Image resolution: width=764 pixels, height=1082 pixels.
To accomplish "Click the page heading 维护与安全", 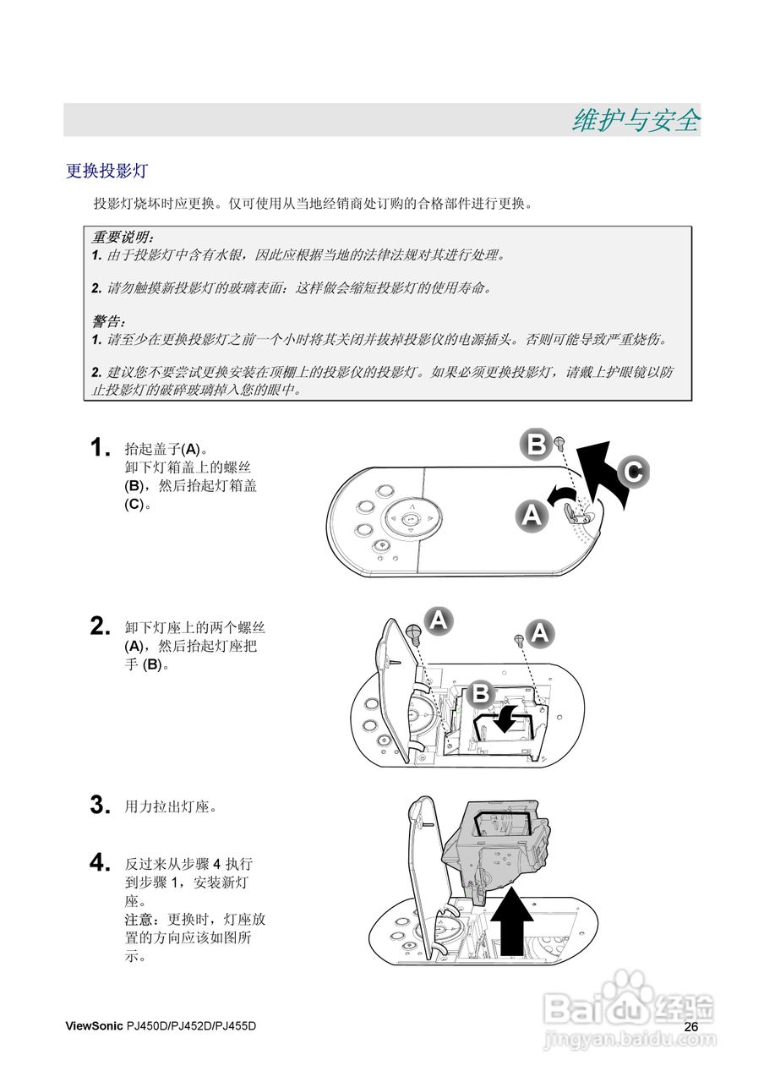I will [636, 121].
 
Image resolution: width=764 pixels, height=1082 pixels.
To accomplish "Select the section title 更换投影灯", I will [106, 171].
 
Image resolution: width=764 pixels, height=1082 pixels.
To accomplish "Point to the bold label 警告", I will [108, 322].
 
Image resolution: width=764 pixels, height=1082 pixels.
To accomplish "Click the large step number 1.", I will [100, 447].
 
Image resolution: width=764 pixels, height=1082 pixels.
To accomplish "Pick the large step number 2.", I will [100, 626].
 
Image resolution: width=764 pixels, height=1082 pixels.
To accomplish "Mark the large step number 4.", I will [100, 863].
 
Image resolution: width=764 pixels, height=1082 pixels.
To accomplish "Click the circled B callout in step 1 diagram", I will [537, 444].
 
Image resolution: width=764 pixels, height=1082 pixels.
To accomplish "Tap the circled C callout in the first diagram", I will [634, 471].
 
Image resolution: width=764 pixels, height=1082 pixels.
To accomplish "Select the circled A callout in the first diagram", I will [532, 513].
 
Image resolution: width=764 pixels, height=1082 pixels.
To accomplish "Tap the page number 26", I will [691, 1026].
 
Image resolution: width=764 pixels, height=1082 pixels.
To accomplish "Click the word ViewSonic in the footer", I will [94, 1026].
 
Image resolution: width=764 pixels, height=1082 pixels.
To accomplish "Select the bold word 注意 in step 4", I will [139, 919].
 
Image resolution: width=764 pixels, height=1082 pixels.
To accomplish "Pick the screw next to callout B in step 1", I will [560, 442].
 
